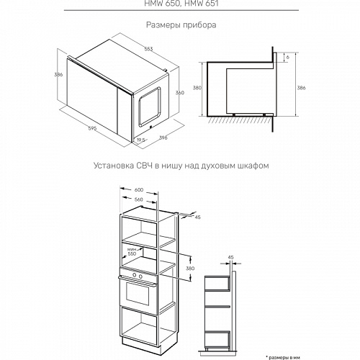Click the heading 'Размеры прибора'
click(181, 25)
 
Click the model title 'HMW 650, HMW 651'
click(180, 3)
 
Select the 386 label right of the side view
click(300, 88)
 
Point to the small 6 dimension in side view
click(287, 57)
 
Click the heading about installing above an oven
click(181, 165)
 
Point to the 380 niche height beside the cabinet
click(191, 268)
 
